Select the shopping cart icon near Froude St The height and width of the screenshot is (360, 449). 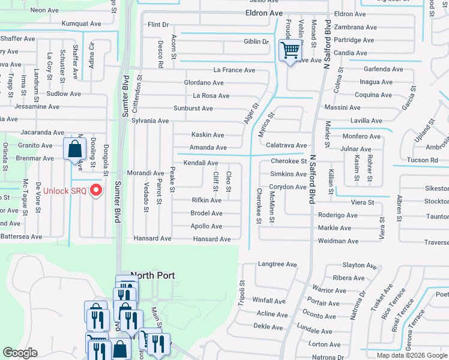pos(290,50)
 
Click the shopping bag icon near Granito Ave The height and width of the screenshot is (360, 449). pos(74,148)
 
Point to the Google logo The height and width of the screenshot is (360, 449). pos(20,353)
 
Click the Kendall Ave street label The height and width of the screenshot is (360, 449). pos(200,163)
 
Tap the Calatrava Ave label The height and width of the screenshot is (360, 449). pos(286,145)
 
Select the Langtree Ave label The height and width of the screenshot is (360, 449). pos(277,264)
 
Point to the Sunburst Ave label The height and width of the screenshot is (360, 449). pos(193,109)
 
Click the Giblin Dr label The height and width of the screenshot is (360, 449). pos(256,41)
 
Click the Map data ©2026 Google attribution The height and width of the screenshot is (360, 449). pos(412,355)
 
